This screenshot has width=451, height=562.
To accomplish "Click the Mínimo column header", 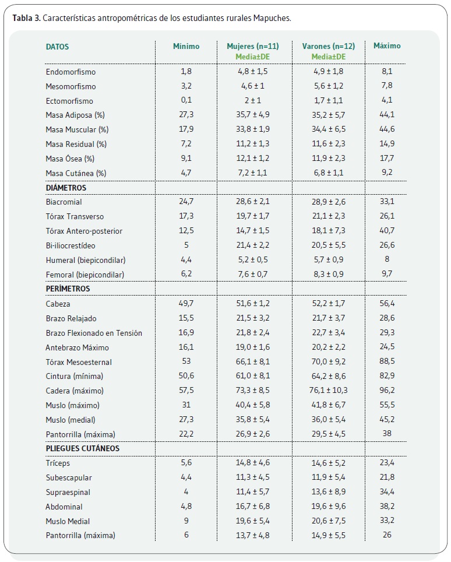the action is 186,46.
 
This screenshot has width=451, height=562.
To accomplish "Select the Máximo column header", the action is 387,45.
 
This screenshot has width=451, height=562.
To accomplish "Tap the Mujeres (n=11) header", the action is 252,46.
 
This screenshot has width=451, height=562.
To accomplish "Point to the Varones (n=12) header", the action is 329,46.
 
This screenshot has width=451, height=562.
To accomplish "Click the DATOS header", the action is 57,47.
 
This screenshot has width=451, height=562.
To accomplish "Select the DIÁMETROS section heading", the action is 66,188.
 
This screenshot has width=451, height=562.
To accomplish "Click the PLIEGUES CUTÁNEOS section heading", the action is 82,448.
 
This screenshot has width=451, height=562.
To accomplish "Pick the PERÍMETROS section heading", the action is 68,289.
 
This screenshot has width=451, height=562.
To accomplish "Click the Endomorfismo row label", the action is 71,72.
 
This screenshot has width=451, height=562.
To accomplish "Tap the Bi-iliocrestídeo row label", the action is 71,245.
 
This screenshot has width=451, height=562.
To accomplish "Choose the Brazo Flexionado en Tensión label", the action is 94,333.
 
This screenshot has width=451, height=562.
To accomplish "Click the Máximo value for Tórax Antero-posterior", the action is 387,230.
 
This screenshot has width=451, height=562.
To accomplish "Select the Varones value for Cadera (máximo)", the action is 329,390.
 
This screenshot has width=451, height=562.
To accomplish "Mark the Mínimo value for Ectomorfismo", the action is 186,100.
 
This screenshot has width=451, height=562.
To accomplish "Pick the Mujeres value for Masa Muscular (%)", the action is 252,129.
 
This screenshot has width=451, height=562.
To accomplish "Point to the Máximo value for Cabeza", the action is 387,303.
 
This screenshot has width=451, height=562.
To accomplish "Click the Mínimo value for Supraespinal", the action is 186,491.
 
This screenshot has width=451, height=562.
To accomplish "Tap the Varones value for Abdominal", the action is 329,506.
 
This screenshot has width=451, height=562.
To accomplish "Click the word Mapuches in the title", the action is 272,18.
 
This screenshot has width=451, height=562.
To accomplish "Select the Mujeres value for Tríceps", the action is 252,462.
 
